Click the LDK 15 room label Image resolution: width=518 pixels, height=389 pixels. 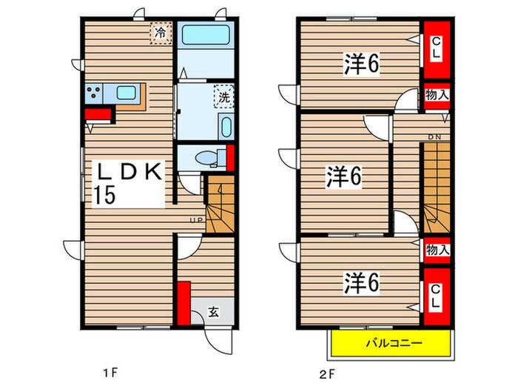coord(129,182)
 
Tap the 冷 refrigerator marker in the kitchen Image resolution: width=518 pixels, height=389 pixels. coord(160,33)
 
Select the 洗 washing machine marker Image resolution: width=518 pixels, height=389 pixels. coord(222,96)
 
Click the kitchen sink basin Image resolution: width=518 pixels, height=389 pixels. coord(126,93)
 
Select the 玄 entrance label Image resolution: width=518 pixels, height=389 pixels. coord(212,313)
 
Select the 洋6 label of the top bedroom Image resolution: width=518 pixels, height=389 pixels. coord(360,64)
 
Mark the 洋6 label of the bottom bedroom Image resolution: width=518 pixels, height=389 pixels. coord(360,282)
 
